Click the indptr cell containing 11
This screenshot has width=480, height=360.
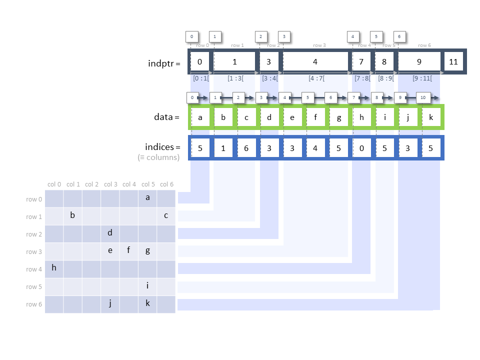(453, 62)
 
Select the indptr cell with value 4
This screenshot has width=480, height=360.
(315, 62)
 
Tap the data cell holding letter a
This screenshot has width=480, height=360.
(200, 117)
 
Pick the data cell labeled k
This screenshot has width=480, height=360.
(430, 117)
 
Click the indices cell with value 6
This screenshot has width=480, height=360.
(246, 148)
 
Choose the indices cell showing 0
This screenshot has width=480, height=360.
(361, 148)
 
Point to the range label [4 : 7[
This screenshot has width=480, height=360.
(315, 78)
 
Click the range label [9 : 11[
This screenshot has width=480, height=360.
(423, 78)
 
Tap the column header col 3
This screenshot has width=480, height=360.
(110, 184)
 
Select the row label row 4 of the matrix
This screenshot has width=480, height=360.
(34, 269)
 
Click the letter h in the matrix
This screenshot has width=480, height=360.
(54, 268)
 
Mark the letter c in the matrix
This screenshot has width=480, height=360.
(166, 215)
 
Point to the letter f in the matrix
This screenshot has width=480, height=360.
(128, 250)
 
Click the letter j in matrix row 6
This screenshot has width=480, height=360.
(110, 303)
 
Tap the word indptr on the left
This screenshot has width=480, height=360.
(161, 63)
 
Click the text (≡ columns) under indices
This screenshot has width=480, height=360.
(158, 157)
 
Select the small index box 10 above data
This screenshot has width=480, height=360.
(423, 97)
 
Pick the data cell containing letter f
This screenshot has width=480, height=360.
(315, 117)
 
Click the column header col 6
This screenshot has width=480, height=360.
(166, 184)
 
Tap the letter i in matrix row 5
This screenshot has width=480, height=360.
(147, 285)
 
